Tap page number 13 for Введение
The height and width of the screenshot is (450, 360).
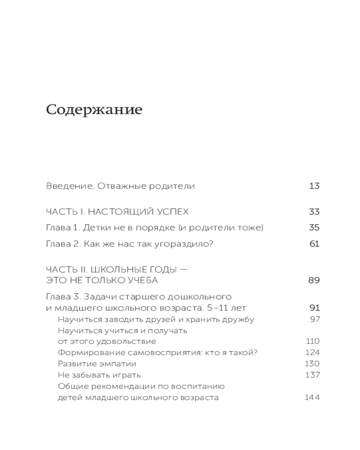click(x=314, y=186)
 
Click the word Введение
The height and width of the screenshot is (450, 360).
click(x=64, y=186)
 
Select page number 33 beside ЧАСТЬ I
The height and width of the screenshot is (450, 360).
click(x=314, y=211)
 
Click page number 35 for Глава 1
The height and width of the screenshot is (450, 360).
click(x=314, y=228)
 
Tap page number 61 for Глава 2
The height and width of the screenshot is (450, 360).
click(x=314, y=244)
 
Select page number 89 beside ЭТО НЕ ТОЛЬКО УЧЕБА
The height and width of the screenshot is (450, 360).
click(x=314, y=280)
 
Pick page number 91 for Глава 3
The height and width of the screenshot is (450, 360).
click(x=314, y=308)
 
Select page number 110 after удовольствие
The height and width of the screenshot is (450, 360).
click(x=312, y=341)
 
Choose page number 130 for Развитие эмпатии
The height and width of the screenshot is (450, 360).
click(x=312, y=364)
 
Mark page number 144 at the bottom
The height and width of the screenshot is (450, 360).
click(x=312, y=398)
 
